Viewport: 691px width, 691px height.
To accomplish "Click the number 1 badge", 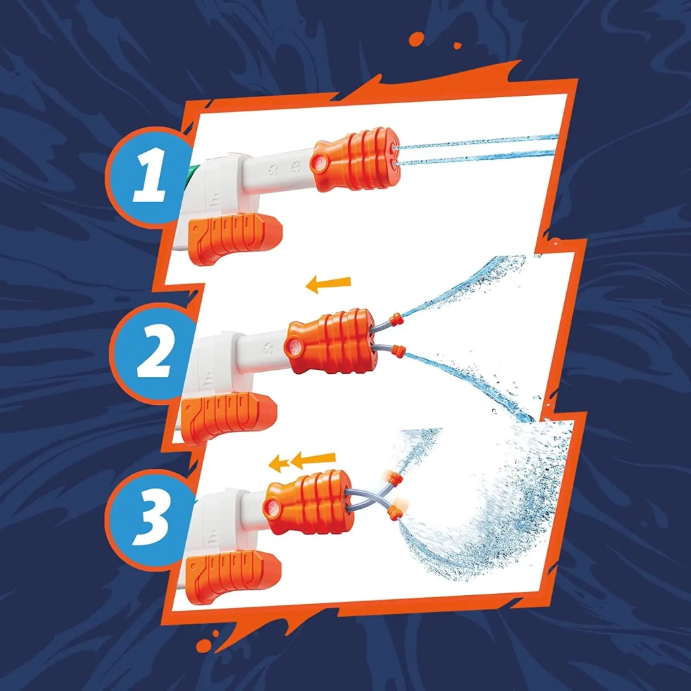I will click(x=148, y=177).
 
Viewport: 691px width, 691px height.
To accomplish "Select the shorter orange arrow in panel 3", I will click(x=278, y=463).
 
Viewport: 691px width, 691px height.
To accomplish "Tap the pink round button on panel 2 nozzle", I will click(x=293, y=348).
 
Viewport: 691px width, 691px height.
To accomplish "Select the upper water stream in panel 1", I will click(x=479, y=142).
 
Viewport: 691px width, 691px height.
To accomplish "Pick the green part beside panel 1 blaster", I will click(x=192, y=174).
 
